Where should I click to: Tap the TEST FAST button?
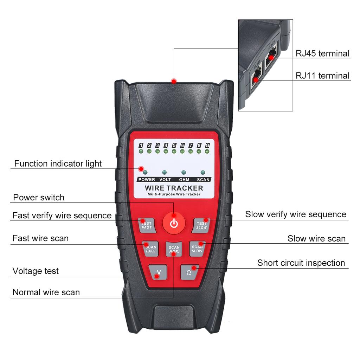pos(146,225)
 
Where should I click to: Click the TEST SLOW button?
pos(201,225)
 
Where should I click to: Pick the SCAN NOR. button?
pos(174,249)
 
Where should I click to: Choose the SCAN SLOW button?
pos(197,249)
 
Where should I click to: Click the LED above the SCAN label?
pos(202,173)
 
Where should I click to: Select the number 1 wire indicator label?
pos(141,145)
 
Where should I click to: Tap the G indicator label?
pos(207,145)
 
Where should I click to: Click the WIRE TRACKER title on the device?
pos(174,188)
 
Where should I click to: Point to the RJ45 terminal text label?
pos(322,53)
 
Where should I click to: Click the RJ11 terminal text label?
pos(322,76)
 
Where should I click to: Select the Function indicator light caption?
pos(58,163)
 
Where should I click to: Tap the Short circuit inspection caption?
pos(301,263)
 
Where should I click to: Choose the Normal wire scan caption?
pos(46,292)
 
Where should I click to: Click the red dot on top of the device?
pos(174,82)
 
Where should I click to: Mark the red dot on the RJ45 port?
pos(271,56)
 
